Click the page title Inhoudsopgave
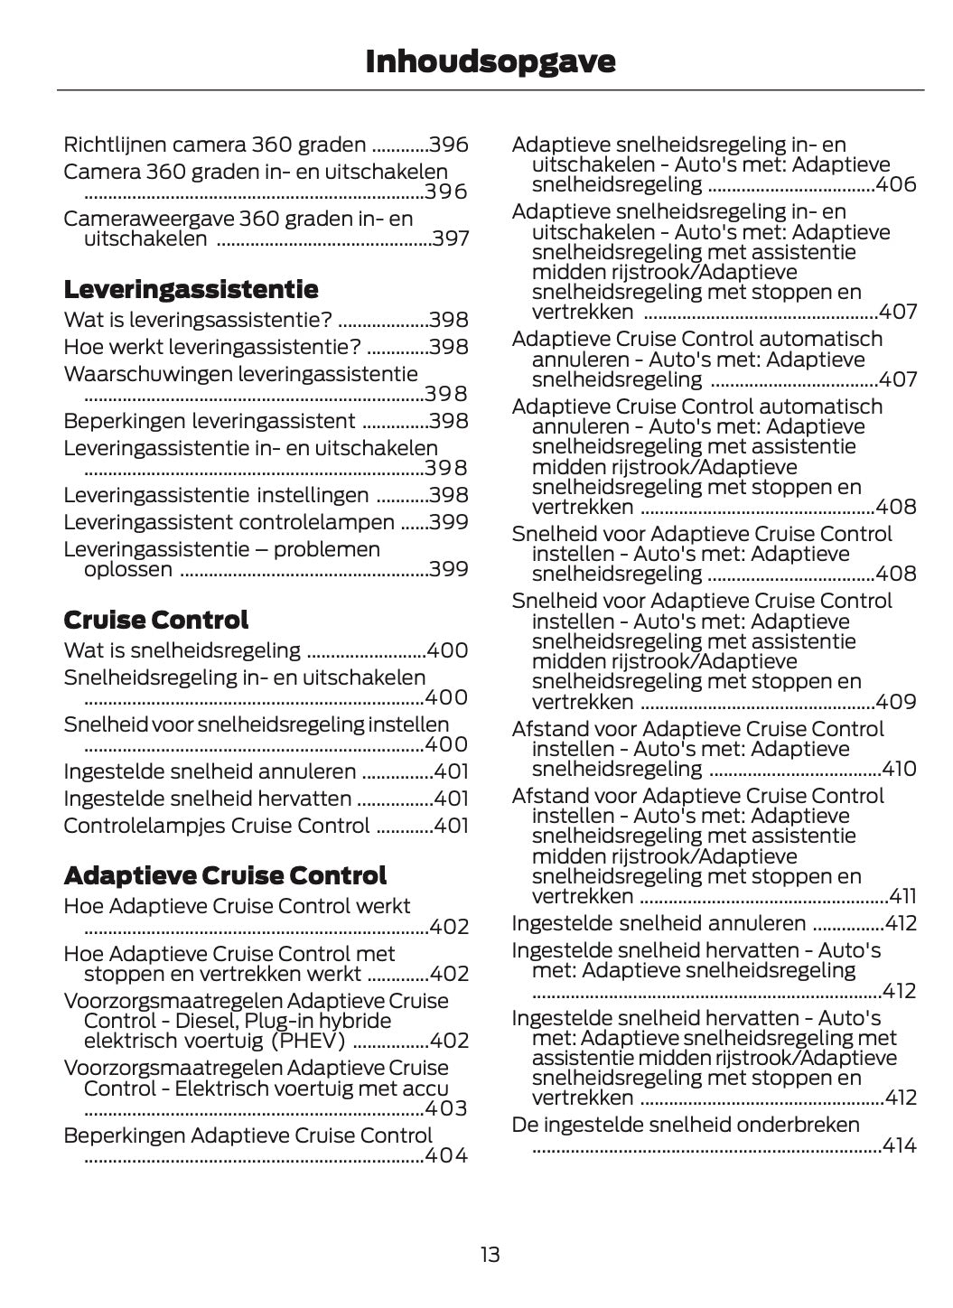pyautogui.click(x=490, y=61)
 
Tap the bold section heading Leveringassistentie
pyautogui.click(x=191, y=290)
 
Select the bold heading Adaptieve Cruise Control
pyautogui.click(x=225, y=875)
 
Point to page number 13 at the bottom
pyautogui.click(x=490, y=1255)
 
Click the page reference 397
pyautogui.click(x=450, y=239)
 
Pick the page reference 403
pyautogui.click(x=446, y=1108)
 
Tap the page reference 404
pyautogui.click(x=446, y=1155)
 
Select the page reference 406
pyautogui.click(x=896, y=185)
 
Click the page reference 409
pyautogui.click(x=896, y=702)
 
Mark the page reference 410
pyautogui.click(x=899, y=769)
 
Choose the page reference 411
pyautogui.click(x=902, y=896)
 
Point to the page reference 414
pyautogui.click(x=899, y=1145)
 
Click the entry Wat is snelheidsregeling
pyautogui.click(x=182, y=650)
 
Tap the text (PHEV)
pyautogui.click(x=308, y=1041)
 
